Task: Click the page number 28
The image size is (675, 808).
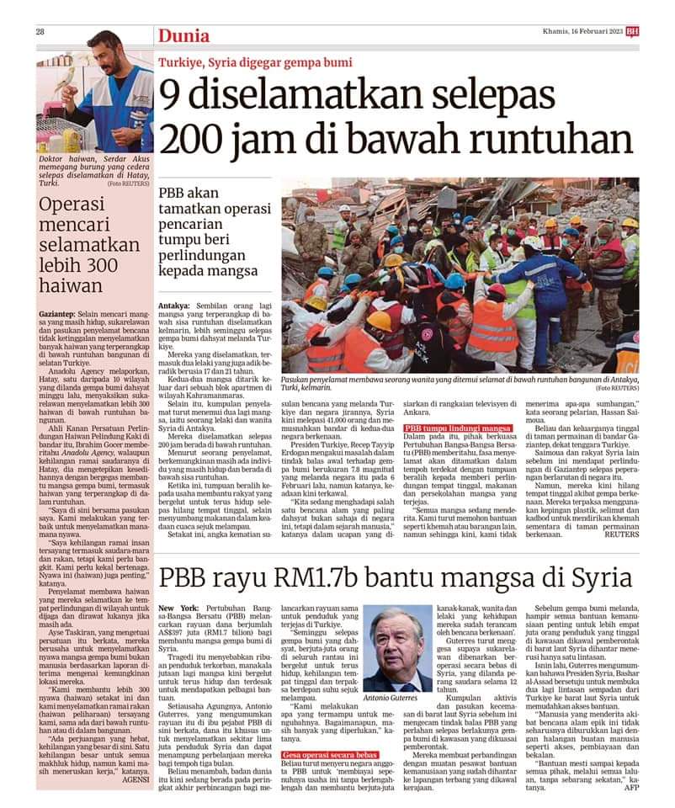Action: [40, 32]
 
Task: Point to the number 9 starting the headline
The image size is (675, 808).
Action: [174, 93]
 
